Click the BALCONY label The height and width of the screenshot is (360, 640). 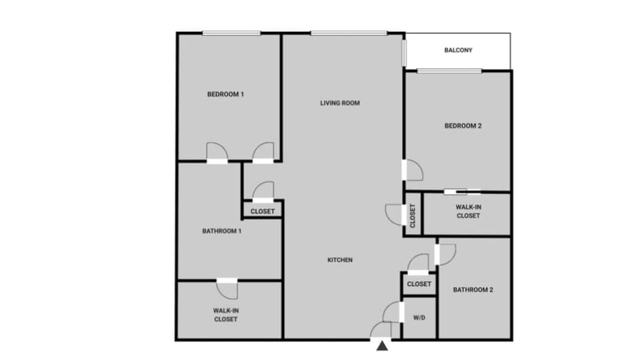coord(458,50)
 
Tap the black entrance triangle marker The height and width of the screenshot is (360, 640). coord(382,345)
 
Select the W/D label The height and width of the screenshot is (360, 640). coord(419,317)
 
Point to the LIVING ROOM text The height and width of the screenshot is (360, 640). coord(340,103)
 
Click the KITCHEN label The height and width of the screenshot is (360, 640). coord(340,260)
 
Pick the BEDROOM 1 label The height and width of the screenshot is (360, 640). coord(225,95)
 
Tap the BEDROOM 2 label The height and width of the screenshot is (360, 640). coord(463,126)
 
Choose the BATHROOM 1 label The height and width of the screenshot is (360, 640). coord(221,231)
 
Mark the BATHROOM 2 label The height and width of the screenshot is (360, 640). coord(473,290)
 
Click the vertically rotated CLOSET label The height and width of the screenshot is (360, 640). coord(413,215)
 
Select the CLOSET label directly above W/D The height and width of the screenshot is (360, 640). coord(419,284)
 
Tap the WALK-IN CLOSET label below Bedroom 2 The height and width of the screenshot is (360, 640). coord(468,211)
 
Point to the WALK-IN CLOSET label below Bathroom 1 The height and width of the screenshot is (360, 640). coord(225,315)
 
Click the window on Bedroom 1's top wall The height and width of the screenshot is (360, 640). coord(231,33)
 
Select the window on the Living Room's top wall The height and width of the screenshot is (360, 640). coord(348,33)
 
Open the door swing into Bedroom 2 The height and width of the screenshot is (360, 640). coord(413,171)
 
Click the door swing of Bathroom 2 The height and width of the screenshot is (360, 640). coord(445,254)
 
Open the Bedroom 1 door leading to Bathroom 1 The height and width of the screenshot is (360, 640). coord(217,153)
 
